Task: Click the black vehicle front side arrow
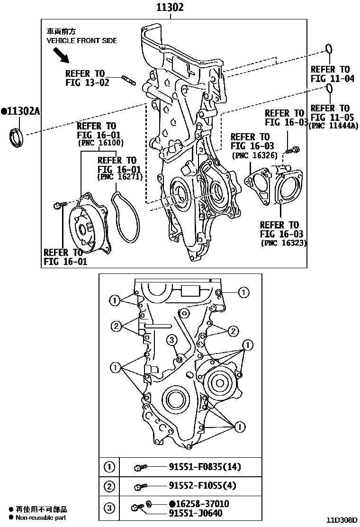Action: pos(60,56)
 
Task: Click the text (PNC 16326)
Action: pos(253,155)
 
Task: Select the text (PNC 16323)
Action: pos(283,243)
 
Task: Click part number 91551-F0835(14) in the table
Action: pos(205,467)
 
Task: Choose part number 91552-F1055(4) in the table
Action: pos(202,486)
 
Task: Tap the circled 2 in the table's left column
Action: pos(109,486)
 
